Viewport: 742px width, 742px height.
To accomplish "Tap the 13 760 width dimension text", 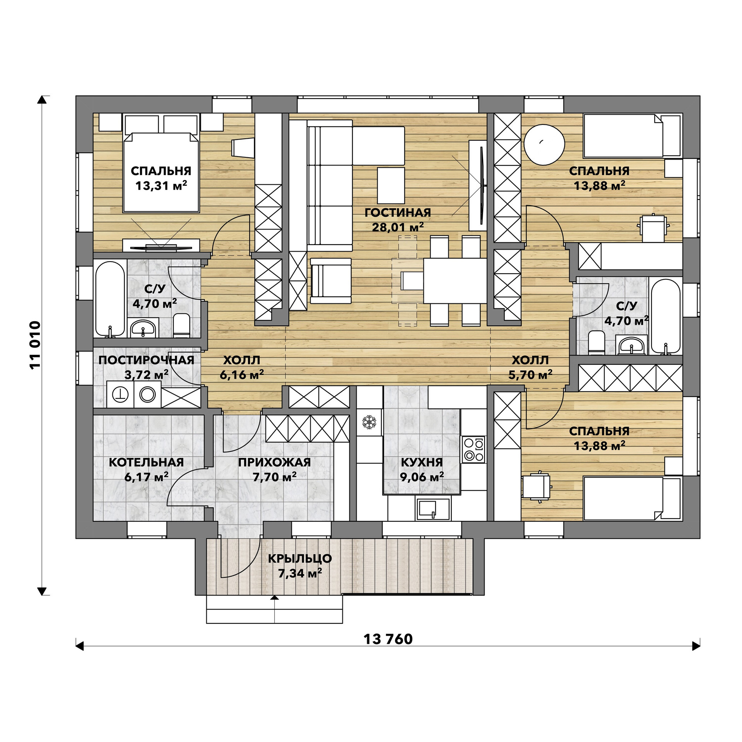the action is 388,639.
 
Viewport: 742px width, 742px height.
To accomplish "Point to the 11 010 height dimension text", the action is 35,345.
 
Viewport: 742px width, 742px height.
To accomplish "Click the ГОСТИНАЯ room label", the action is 398,212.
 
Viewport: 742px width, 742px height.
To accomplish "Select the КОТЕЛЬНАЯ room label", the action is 146,462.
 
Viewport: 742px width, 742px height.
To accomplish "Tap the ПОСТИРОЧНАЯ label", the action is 146,360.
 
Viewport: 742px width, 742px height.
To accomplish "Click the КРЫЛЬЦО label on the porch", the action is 300,558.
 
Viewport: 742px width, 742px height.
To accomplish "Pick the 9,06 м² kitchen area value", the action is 422,477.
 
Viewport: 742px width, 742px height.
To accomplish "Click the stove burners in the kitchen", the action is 474,449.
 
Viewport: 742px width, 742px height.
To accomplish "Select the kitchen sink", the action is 433,509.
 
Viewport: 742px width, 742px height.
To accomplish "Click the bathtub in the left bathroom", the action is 110,298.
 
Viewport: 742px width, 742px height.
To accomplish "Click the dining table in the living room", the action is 455,281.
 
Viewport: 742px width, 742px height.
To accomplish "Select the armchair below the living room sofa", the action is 331,281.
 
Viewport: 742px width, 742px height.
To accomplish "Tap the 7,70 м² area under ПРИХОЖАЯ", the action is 274,477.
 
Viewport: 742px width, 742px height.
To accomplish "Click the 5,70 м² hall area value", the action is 530,375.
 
